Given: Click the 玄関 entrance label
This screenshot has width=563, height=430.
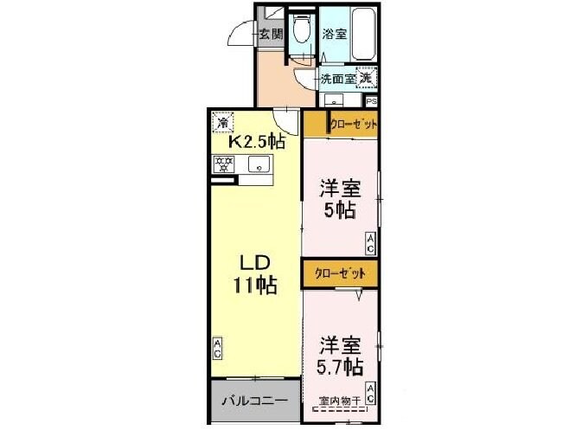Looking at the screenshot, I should tap(271, 35).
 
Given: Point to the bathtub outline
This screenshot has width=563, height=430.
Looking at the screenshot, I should tap(364, 35).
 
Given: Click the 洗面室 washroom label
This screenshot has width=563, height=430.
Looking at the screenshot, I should tap(338, 79).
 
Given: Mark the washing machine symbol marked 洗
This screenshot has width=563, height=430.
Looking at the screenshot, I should tap(368, 78).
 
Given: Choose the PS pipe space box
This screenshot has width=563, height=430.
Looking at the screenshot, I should tap(371, 101).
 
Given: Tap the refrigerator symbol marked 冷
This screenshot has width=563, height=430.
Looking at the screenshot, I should tap(224, 121).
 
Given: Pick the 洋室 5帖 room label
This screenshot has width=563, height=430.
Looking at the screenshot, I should tap(339, 199).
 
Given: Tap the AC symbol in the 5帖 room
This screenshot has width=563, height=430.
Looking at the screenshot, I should tap(369, 244).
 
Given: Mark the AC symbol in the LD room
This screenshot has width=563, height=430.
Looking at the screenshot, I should tap(218, 349).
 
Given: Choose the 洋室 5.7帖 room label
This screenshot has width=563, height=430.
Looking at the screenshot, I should tap(338, 355).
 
